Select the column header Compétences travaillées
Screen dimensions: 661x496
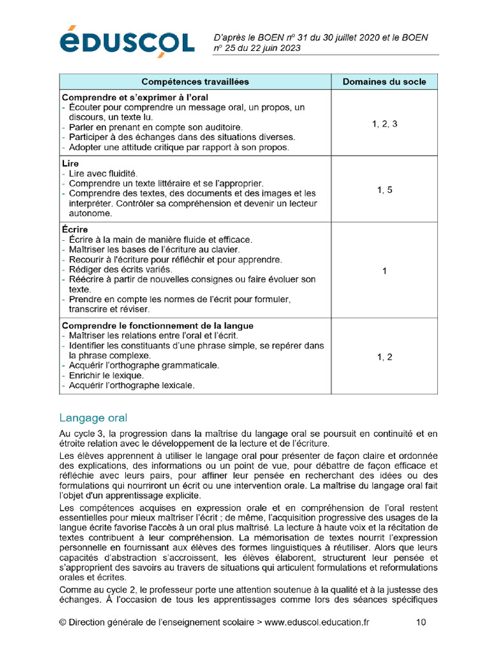194,81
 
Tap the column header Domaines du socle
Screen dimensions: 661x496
384,81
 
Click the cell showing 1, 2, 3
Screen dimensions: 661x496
384,123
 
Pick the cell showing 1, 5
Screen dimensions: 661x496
384,190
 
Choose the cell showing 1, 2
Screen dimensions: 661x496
384,356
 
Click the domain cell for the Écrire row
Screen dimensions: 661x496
384,271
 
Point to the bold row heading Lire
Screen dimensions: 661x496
70,163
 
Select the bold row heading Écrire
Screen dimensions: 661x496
74,229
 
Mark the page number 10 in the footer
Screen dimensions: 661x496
420,622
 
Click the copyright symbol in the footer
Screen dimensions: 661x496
63,622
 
